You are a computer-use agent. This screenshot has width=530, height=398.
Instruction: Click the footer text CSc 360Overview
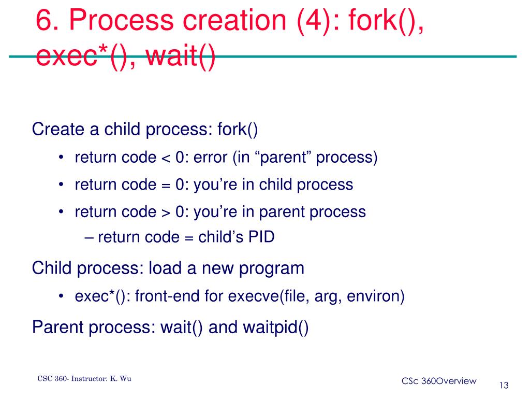click(x=438, y=381)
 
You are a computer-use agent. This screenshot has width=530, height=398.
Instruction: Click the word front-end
click(x=159, y=296)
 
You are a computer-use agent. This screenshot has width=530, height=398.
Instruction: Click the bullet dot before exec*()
click(x=62, y=296)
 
